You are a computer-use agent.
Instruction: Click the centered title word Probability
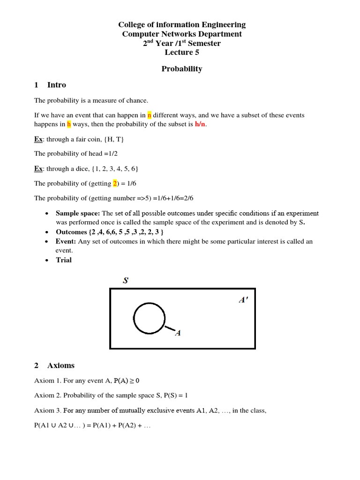click(x=182, y=69)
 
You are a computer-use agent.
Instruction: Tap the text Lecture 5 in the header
click(x=182, y=52)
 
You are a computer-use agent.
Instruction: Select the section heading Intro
click(x=57, y=85)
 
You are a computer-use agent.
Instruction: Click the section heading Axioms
click(x=61, y=366)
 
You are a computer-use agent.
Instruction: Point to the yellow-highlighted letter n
click(x=150, y=115)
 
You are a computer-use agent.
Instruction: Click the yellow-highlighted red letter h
click(x=68, y=124)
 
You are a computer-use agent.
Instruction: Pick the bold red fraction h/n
click(x=200, y=124)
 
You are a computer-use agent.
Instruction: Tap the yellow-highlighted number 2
click(x=115, y=183)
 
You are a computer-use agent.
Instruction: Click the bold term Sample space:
click(x=78, y=213)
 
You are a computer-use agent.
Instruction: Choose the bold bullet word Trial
click(x=64, y=260)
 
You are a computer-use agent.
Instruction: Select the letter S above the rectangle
click(x=126, y=281)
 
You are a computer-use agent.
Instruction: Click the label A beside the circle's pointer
click(x=178, y=333)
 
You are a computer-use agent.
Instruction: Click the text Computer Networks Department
click(x=182, y=34)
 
